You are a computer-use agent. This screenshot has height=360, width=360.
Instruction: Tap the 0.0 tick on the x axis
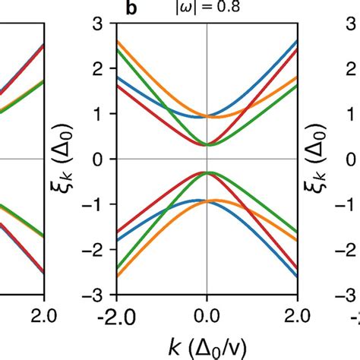pos(207,314)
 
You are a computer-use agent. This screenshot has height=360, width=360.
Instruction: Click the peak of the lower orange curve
pos(217,201)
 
